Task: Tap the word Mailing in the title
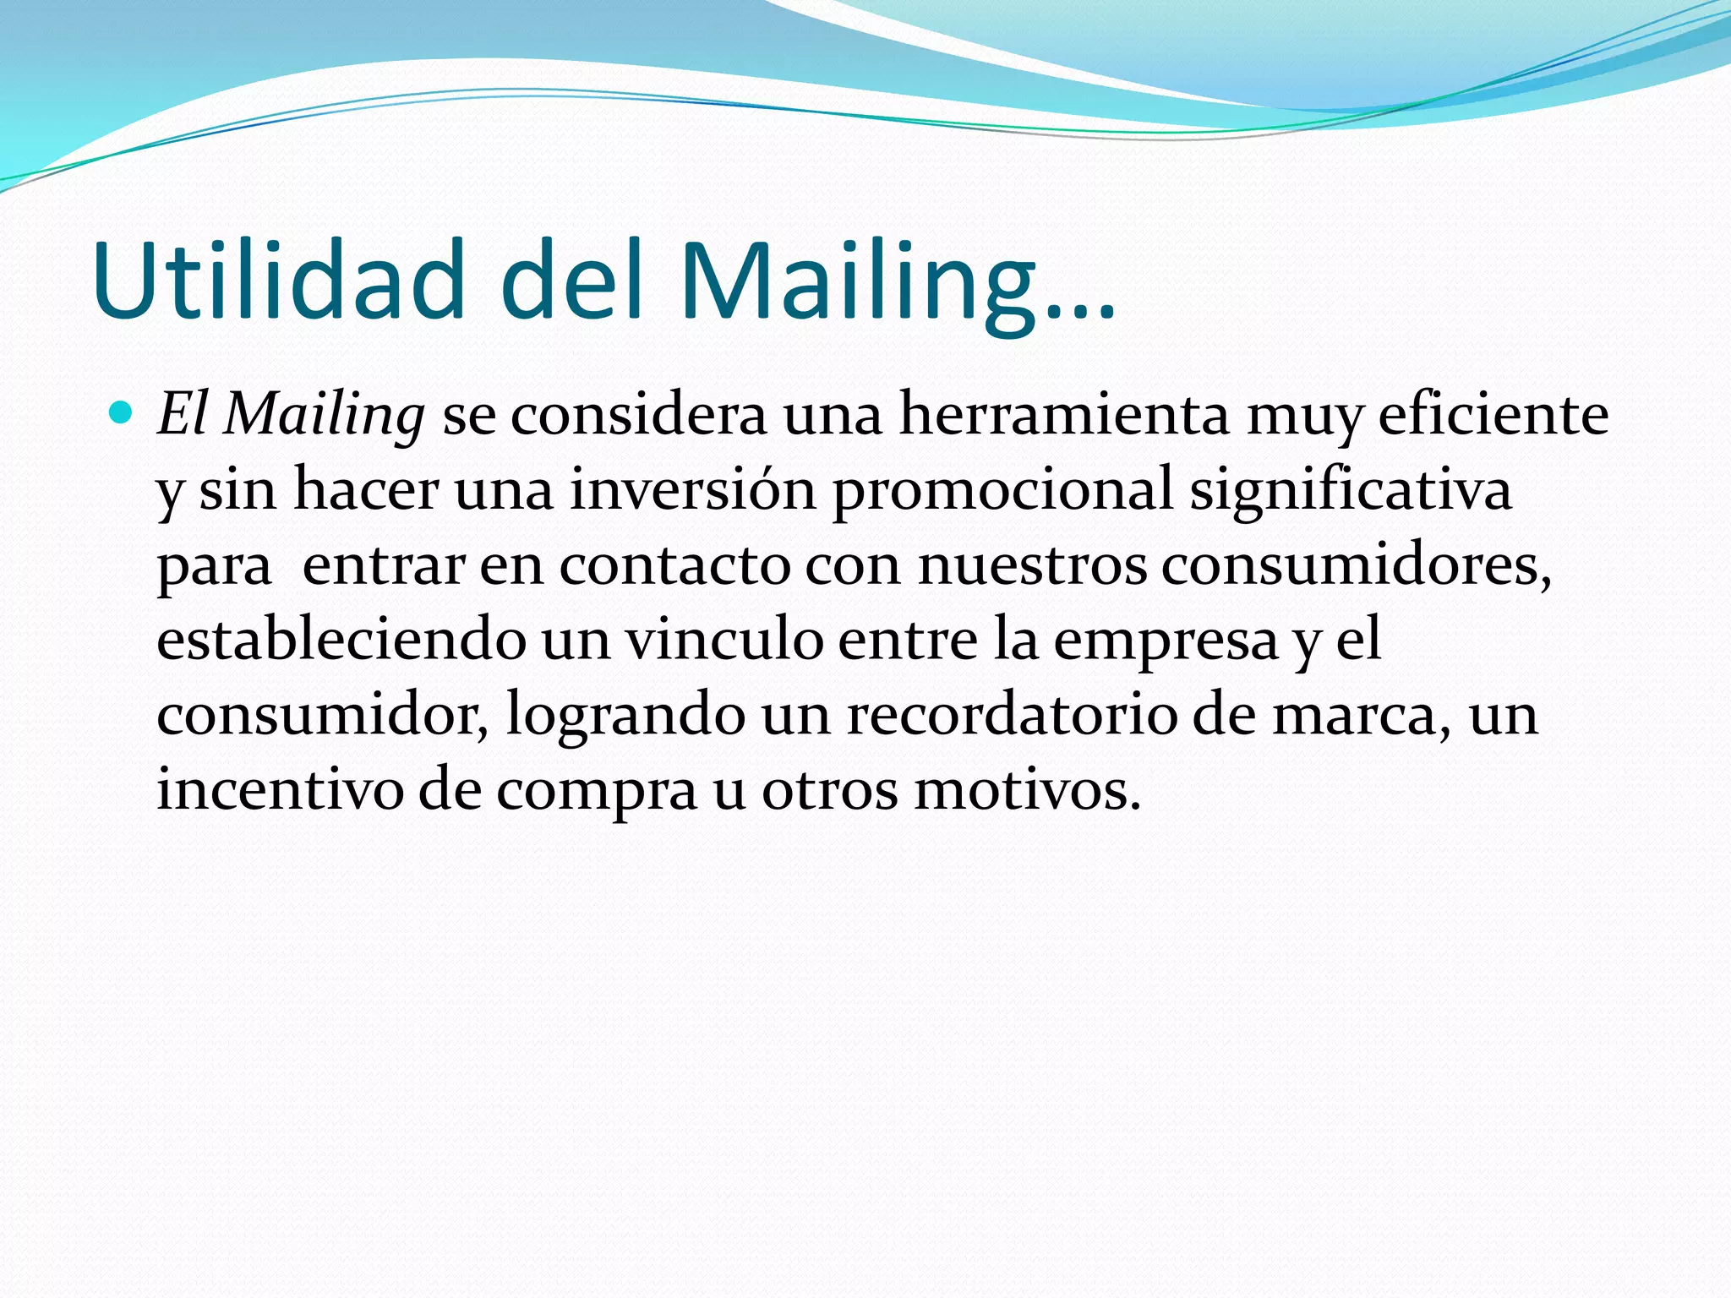857,281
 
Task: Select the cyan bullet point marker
123,413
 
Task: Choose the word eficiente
1493,414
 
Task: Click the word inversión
693,489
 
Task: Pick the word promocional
1002,491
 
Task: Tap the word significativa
1351,491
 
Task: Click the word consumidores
1355,564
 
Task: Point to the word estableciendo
341,639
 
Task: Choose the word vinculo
724,639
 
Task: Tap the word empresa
1166,641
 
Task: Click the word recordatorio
1012,714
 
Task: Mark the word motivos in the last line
1026,789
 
